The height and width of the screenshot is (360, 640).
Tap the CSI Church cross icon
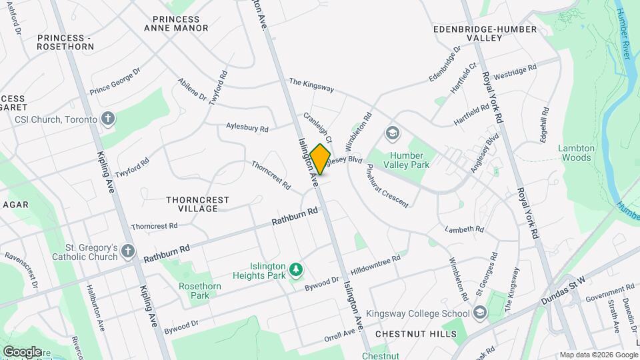click(109, 119)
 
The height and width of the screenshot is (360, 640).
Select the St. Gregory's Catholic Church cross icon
click(129, 252)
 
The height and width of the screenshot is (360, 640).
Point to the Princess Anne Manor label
click(176, 23)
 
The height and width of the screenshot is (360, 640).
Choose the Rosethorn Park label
click(195, 291)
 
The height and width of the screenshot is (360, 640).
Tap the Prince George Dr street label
click(115, 80)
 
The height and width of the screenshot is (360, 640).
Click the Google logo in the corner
click(22, 351)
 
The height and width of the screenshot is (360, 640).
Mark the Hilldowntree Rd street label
click(379, 263)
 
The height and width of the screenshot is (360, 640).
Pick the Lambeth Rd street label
click(465, 229)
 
